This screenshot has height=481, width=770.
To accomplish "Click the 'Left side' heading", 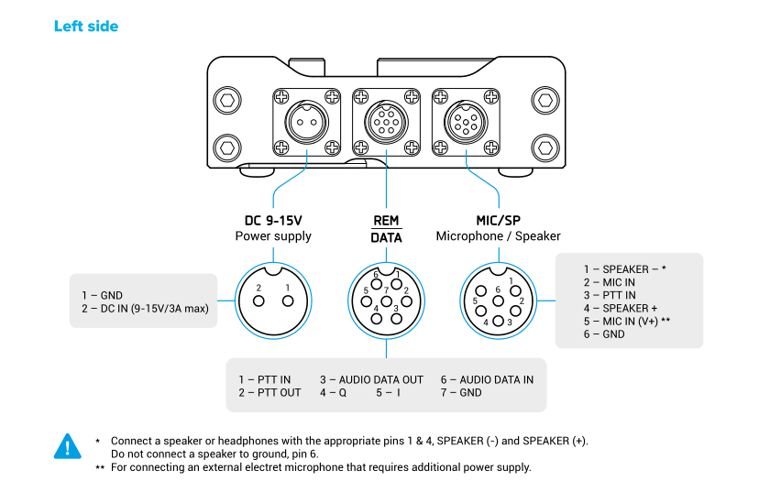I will point(86,26).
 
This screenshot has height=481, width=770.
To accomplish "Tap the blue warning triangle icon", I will point(68,446).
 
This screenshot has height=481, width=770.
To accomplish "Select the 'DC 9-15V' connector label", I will point(273,220).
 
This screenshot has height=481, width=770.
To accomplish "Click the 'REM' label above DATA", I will point(386,220).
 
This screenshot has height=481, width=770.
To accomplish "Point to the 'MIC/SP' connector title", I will point(498,220).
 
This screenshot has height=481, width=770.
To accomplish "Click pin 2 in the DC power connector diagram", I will point(259,288).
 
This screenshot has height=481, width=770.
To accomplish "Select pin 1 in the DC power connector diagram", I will point(287,288).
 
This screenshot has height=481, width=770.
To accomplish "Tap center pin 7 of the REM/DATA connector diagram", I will point(386,300).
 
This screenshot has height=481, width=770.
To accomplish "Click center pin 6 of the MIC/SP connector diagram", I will point(498,300).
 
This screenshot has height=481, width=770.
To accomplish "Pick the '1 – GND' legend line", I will point(102,295).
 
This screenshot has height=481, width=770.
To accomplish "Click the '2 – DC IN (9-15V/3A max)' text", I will point(145,309).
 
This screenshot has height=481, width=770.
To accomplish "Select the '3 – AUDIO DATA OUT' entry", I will point(371,379).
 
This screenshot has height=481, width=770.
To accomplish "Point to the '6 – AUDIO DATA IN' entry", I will point(486,379).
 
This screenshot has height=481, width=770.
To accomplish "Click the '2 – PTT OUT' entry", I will point(269,393).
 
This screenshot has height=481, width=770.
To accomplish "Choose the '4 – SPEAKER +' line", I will point(621,309).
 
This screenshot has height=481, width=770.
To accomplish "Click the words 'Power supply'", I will point(273,236).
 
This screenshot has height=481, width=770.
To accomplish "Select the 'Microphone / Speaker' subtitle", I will point(498,236).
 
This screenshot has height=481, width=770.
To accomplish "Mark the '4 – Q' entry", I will point(333,393).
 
